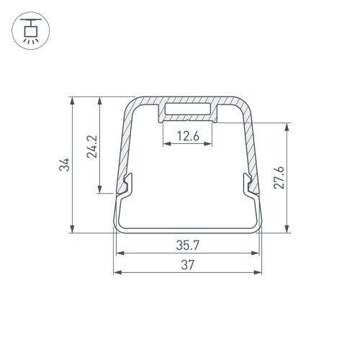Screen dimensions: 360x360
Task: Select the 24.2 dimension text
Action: pos(90,147)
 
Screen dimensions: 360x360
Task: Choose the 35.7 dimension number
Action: pos(188,245)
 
